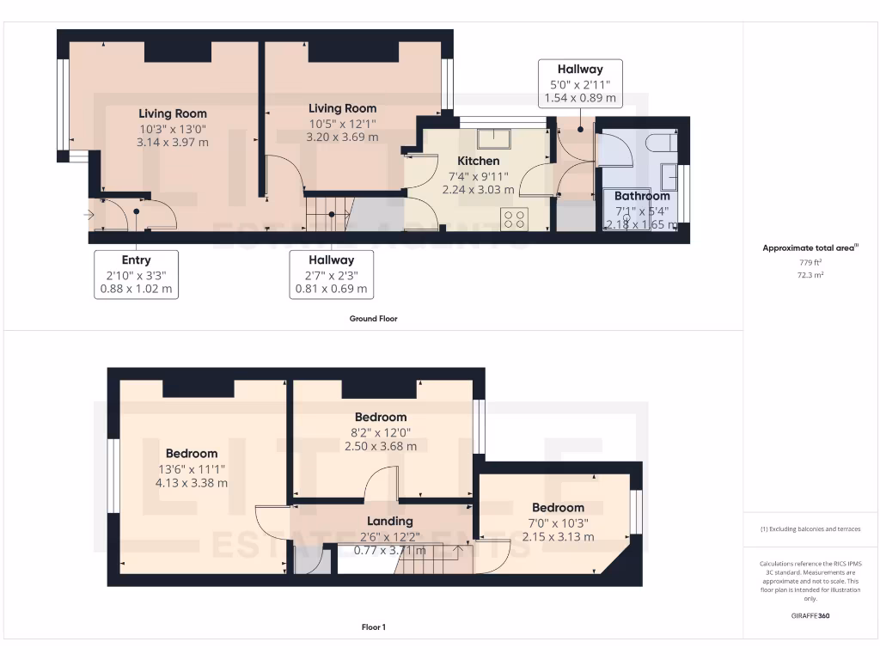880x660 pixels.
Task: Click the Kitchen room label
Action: tap(478, 161)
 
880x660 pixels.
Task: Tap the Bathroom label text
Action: tap(642, 196)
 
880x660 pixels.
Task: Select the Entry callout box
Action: tap(136, 274)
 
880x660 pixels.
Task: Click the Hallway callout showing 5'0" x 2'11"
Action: tap(580, 83)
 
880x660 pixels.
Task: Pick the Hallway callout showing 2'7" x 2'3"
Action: tap(332, 274)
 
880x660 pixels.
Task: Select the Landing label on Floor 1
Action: tap(390, 521)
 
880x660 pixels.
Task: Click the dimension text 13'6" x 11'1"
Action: tap(192, 468)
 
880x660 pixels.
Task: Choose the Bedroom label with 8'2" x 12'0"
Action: tap(380, 418)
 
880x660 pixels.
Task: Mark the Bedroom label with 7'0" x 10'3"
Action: tap(558, 508)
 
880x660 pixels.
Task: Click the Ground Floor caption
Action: tap(373, 319)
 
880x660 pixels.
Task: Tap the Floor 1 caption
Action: tap(373, 627)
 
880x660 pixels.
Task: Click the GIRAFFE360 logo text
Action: tap(810, 616)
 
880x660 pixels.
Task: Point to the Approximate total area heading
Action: tap(810, 248)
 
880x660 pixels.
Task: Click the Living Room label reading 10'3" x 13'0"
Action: tap(173, 113)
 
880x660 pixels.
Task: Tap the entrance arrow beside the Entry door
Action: tap(89, 214)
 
